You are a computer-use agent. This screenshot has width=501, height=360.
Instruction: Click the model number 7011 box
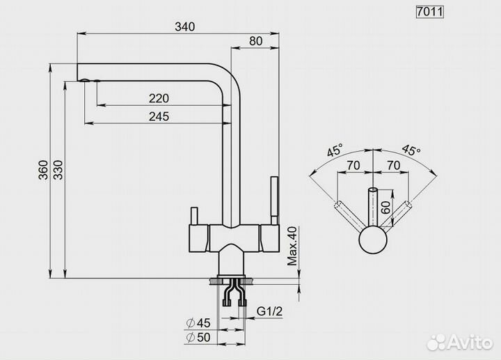point(430,12)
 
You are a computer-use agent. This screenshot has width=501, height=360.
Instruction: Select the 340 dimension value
point(184,27)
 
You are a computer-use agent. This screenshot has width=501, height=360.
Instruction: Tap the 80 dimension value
point(255,41)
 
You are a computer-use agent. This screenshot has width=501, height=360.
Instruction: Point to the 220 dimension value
point(159,98)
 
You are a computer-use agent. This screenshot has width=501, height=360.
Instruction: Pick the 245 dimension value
point(159,116)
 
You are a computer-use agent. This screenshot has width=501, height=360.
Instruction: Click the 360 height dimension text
point(43,170)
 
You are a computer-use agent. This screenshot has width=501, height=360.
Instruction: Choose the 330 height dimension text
point(58,170)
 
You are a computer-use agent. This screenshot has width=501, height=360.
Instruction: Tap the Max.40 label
point(292,246)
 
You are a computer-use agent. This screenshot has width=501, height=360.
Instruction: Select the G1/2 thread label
point(270,311)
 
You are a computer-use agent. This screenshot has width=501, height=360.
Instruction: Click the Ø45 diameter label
point(198,323)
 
